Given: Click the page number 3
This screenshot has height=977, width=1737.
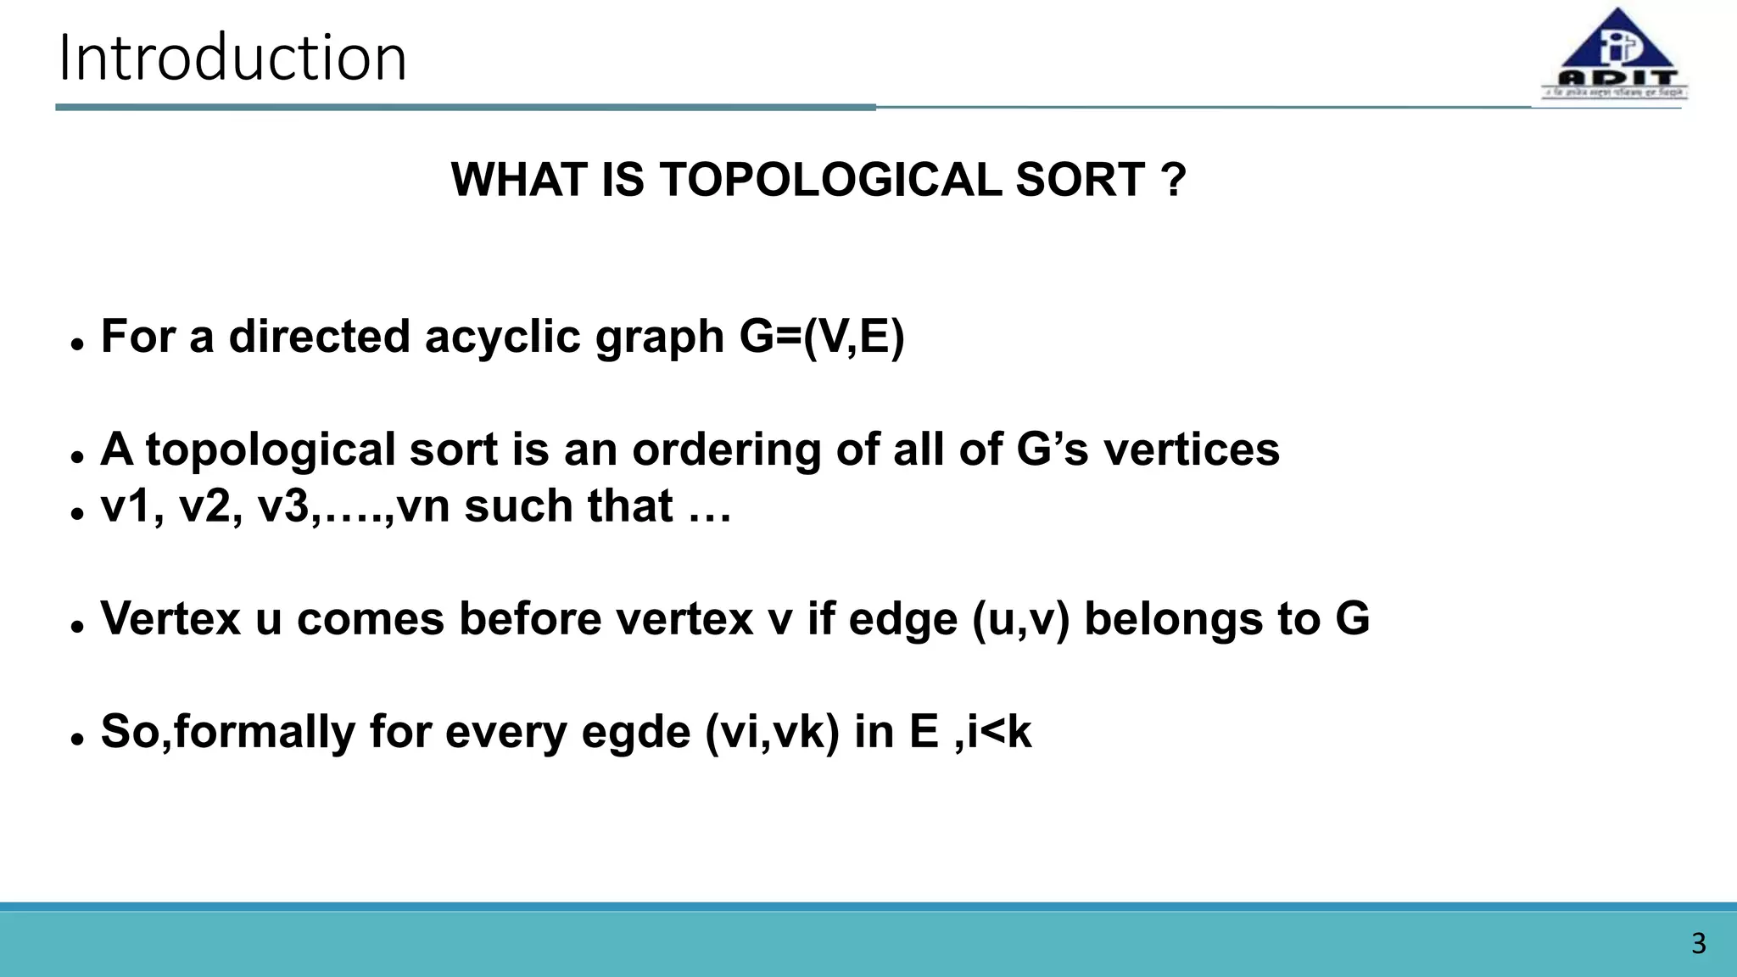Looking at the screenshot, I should tap(1698, 943).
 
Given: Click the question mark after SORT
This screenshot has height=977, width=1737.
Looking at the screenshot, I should tap(1173, 180).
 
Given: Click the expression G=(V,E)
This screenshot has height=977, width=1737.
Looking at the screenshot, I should tap(822, 337).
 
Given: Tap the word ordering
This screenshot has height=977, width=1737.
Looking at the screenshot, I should tap(726, 449).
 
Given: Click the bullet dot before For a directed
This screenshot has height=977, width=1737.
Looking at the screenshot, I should tap(78, 344).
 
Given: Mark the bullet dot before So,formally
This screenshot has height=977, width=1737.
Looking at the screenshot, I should tap(78, 739).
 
